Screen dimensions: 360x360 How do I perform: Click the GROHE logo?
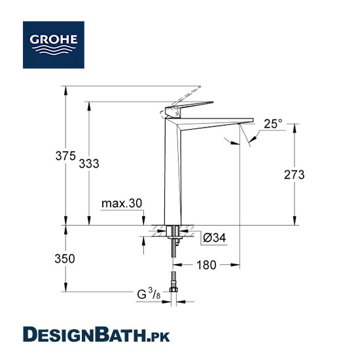coord(54,45)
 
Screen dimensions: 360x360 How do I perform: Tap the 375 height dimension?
coord(65,156)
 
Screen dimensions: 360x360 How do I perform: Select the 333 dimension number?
coord(89,164)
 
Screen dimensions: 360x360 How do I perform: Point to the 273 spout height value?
coord(294,175)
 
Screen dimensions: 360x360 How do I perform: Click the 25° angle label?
coord(273,124)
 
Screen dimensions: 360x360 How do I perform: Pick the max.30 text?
coord(122,204)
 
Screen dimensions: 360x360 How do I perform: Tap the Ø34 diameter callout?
coord(215,238)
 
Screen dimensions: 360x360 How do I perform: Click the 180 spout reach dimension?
coord(206,265)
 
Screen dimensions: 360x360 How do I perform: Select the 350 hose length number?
coord(65,259)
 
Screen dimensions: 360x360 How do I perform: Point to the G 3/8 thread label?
coord(149,293)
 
